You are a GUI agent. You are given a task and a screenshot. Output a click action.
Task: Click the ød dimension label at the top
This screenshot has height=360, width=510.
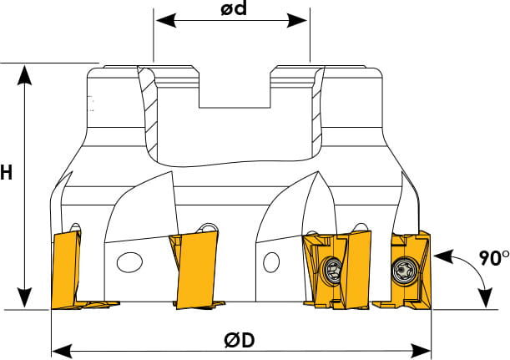pos(234,8)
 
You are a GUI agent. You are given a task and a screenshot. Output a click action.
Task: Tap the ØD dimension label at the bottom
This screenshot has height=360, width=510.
pos(239,341)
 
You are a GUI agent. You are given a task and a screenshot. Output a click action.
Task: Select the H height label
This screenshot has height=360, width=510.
pos(6,173)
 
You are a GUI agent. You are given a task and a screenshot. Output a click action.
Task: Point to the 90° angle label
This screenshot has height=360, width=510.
pos(494,258)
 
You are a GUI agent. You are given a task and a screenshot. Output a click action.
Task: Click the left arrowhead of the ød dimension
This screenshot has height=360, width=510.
pos(166,21)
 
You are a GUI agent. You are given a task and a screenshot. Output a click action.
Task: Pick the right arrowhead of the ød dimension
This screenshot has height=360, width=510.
pos(296,21)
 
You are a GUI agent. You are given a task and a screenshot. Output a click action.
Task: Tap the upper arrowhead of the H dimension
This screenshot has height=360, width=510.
pos(24,75)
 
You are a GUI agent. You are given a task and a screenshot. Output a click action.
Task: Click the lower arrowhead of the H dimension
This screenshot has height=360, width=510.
pos(24,297)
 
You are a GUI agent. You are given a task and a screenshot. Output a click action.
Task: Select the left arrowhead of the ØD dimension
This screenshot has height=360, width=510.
pos(62,352)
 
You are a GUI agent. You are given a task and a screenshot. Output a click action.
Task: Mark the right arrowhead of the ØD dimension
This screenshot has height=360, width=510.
pos(421,352)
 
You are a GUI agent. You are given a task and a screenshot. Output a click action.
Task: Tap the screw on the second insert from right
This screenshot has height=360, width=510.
pos(332,271)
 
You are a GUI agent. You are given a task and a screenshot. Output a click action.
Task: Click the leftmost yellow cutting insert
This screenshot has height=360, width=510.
pos(67,270)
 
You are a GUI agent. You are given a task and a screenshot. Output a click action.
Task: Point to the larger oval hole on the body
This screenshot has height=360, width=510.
pos(129,262)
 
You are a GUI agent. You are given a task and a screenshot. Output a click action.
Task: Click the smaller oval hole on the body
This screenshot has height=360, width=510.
pos(271,262)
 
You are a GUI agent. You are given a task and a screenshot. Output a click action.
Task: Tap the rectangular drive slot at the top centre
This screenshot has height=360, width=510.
pos(235,87)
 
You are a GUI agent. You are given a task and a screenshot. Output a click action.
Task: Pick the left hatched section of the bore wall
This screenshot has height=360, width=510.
pos(149,114)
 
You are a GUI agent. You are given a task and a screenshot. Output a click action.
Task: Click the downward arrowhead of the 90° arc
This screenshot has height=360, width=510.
pos(486,297)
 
